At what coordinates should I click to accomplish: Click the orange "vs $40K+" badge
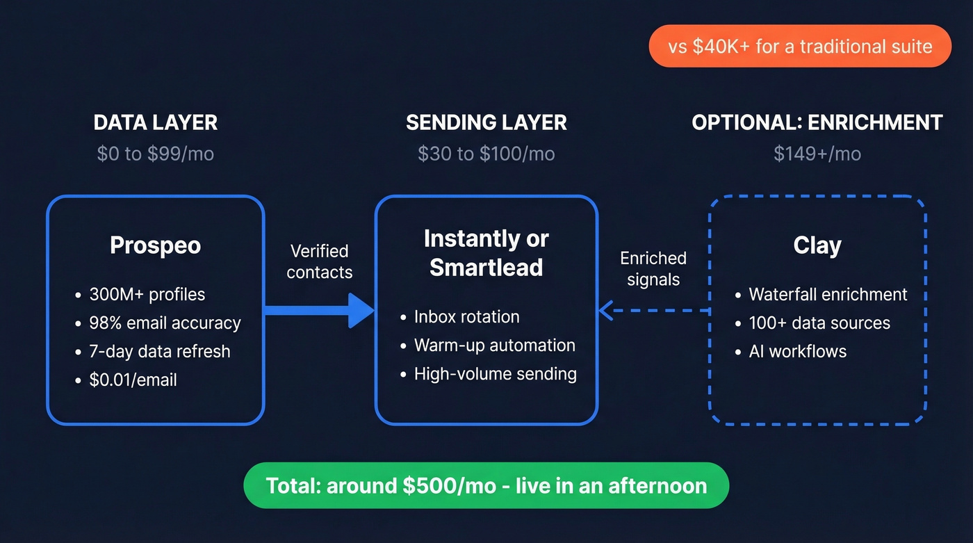point(799,47)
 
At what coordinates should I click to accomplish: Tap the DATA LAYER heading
point(156,123)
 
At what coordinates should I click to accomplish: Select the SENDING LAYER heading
point(486,123)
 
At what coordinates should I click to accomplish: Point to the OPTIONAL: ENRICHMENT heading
point(817,123)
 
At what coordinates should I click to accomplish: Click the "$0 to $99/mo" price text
point(156,154)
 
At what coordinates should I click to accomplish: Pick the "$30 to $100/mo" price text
point(486,154)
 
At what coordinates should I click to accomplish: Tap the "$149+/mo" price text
point(817,154)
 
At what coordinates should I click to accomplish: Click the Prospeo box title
point(156,245)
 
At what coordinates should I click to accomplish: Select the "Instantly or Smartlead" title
point(486,253)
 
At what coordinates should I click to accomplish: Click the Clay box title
point(817,245)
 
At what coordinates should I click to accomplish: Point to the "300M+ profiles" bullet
point(147,294)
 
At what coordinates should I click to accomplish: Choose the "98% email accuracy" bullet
point(165,323)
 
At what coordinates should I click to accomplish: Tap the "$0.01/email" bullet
point(133,380)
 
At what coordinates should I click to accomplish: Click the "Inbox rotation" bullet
point(466,317)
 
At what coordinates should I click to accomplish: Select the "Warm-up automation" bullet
point(494,346)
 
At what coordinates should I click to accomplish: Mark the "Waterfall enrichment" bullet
point(828,294)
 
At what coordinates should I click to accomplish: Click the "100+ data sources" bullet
point(819,323)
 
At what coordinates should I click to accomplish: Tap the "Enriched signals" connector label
point(653,269)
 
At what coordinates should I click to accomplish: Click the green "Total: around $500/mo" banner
point(486,485)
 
